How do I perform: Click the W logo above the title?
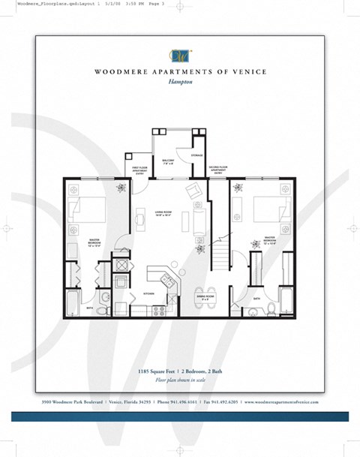click(179, 54)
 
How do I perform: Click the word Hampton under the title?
click(179, 84)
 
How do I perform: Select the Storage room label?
click(196, 155)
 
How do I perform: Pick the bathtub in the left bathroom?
click(71, 302)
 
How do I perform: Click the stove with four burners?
click(157, 310)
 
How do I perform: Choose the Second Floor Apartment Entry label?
click(218, 170)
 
